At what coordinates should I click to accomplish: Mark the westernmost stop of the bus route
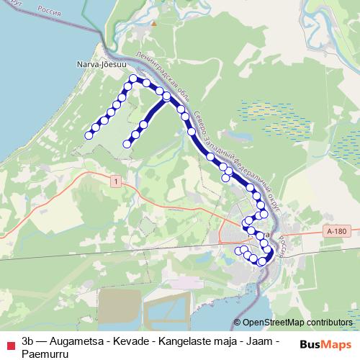(89, 135)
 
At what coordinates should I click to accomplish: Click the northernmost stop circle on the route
(133, 78)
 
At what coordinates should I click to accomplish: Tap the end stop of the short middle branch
(127, 144)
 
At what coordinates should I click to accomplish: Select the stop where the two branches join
(166, 96)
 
